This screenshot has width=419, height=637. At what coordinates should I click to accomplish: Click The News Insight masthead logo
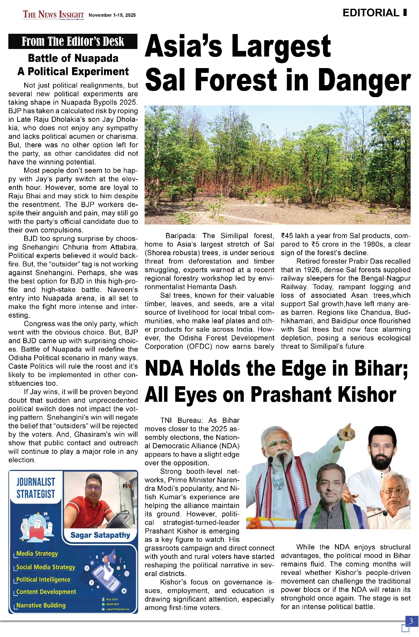point(53,15)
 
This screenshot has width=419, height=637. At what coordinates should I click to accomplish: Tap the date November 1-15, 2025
point(112,15)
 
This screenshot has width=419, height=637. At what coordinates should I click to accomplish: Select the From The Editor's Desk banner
point(73,41)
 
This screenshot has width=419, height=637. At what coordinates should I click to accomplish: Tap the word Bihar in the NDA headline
point(378,368)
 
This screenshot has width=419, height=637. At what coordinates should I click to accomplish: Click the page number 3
point(411,621)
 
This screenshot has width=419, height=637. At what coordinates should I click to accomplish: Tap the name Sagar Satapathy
point(100,535)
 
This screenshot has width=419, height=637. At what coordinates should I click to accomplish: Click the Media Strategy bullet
point(37,553)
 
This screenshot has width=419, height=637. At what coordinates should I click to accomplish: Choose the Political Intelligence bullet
point(43,579)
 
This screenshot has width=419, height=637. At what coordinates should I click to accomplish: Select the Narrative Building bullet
point(41,605)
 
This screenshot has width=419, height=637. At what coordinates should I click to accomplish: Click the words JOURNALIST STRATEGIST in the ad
point(35,488)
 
